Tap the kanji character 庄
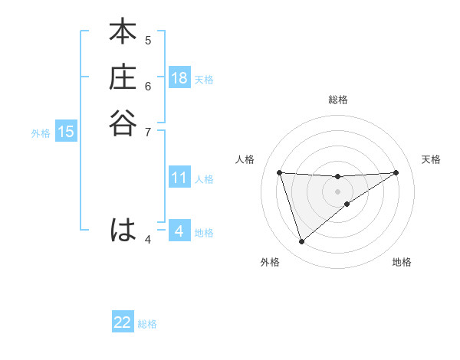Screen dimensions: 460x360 pyautogui.click(x=123, y=78)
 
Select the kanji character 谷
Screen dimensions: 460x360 pyautogui.click(x=123, y=123)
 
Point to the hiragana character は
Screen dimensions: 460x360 pyautogui.click(x=123, y=230)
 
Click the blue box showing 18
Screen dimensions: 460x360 pyautogui.click(x=179, y=78)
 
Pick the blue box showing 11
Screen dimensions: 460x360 pyautogui.click(x=179, y=178)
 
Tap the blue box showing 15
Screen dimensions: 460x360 pyautogui.click(x=66, y=132)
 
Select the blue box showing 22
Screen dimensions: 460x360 pyautogui.click(x=123, y=322)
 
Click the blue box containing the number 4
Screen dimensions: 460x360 pyautogui.click(x=179, y=231)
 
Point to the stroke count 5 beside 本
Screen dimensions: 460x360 pyautogui.click(x=148, y=40)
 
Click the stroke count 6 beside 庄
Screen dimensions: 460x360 pyautogui.click(x=148, y=85)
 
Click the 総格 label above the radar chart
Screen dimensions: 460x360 pyautogui.click(x=337, y=100)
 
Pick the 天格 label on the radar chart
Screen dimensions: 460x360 pyautogui.click(x=432, y=159)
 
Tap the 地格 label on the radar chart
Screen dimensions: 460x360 pyautogui.click(x=402, y=262)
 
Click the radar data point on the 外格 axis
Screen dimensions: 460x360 pyautogui.click(x=301, y=242)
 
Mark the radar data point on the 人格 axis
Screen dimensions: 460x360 pyautogui.click(x=279, y=172)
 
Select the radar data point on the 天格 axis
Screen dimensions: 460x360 pyautogui.click(x=396, y=172)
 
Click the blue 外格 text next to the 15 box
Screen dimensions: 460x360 pyautogui.click(x=41, y=133)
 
